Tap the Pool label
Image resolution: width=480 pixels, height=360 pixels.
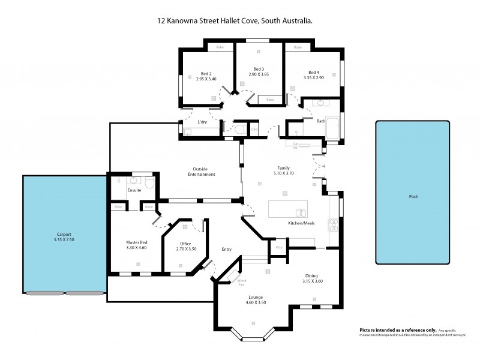(413, 197)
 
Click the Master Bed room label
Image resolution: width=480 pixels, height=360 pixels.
(137, 245)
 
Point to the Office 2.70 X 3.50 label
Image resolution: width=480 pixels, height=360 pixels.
(186, 246)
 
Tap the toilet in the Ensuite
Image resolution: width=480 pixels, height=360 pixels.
(149, 182)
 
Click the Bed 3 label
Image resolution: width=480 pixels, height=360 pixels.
(259, 71)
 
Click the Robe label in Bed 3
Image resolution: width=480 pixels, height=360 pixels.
(270, 99)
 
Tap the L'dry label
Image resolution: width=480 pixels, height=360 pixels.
(202, 122)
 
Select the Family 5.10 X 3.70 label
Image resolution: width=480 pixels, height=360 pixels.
(283, 171)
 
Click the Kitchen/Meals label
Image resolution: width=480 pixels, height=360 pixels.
(298, 223)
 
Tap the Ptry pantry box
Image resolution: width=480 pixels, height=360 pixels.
(278, 247)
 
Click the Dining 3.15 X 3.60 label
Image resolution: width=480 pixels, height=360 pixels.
(313, 278)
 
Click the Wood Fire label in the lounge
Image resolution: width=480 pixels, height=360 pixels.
(241, 282)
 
